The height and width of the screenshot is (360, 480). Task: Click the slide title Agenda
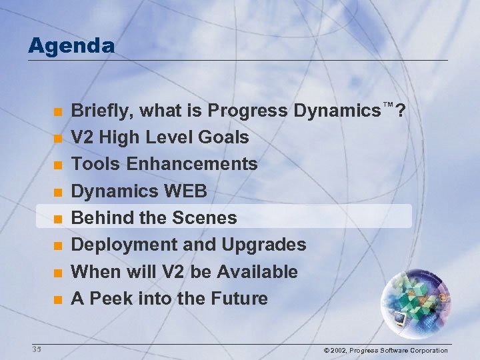tap(71, 46)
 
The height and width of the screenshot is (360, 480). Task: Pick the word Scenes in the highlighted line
tap(205, 218)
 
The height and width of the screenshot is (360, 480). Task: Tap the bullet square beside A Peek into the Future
tap(58, 300)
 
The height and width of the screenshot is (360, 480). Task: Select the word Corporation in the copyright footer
tap(428, 350)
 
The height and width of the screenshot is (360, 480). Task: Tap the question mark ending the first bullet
tap(400, 111)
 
